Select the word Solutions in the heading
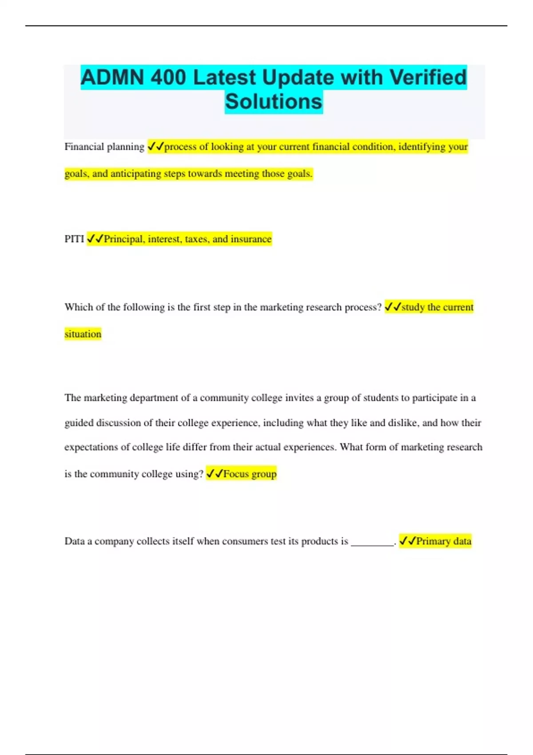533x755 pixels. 274,102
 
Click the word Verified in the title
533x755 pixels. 428,78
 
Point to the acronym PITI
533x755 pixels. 74,239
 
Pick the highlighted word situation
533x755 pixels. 83,334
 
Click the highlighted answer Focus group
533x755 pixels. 250,474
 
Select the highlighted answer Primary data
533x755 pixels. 443,541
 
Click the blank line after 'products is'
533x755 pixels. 372,543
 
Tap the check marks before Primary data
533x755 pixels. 407,541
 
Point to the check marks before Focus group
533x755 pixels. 215,474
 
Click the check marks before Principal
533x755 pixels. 95,239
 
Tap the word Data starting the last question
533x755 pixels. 74,541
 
